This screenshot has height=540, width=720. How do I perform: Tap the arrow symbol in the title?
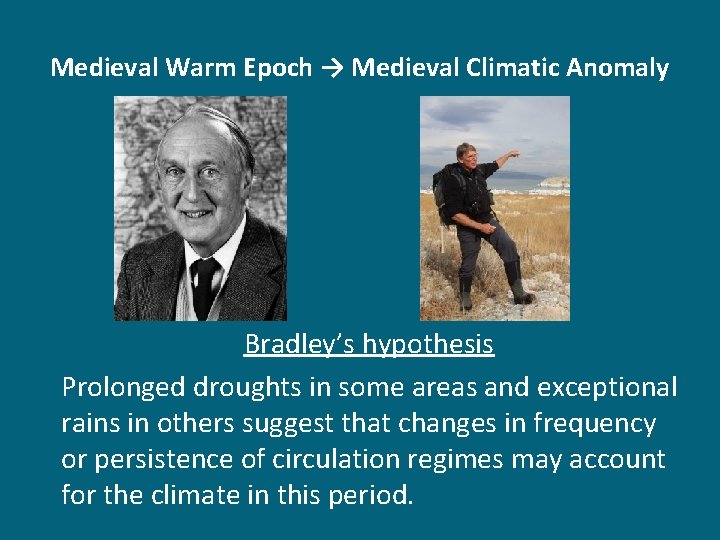tap(332, 68)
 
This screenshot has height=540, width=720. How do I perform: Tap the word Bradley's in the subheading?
tap(299, 345)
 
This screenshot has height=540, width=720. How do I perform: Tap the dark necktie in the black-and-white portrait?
tap(205, 285)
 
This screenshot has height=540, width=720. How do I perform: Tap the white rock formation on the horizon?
tap(552, 184)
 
